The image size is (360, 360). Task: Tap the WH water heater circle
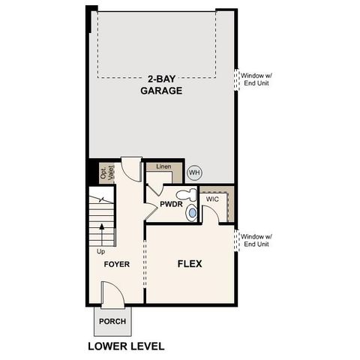[194, 172]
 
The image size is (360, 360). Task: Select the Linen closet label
[163, 167]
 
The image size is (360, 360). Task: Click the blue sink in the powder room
[192, 214]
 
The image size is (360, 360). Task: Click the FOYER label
[117, 264]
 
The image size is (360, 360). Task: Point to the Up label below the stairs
[100, 252]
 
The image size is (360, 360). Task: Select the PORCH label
[112, 322]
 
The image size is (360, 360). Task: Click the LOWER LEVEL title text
[126, 346]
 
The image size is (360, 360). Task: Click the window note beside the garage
[256, 79]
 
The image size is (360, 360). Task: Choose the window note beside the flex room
[256, 240]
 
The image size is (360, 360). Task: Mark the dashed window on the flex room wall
[238, 240]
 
